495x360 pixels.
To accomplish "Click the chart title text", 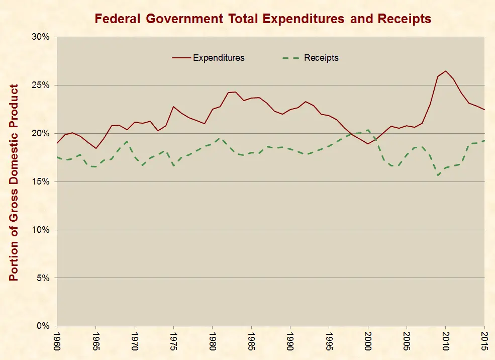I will pyautogui.click(x=263, y=19).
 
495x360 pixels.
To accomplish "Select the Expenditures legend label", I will pyautogui.click(x=219, y=58).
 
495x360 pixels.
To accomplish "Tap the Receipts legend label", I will pyautogui.click(x=321, y=58).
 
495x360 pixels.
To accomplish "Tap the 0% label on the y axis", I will pyautogui.click(x=44, y=326).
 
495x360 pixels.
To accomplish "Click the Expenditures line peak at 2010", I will pyautogui.click(x=446, y=71).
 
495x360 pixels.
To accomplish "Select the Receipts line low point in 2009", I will pyautogui.click(x=438, y=175).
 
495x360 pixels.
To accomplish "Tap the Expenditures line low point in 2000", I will pyautogui.click(x=368, y=144).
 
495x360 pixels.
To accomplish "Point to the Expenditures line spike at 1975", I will pyautogui.click(x=173, y=107).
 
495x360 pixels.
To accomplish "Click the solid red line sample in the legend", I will pyautogui.click(x=181, y=58).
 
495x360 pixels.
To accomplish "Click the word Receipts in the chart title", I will pyautogui.click(x=405, y=19).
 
